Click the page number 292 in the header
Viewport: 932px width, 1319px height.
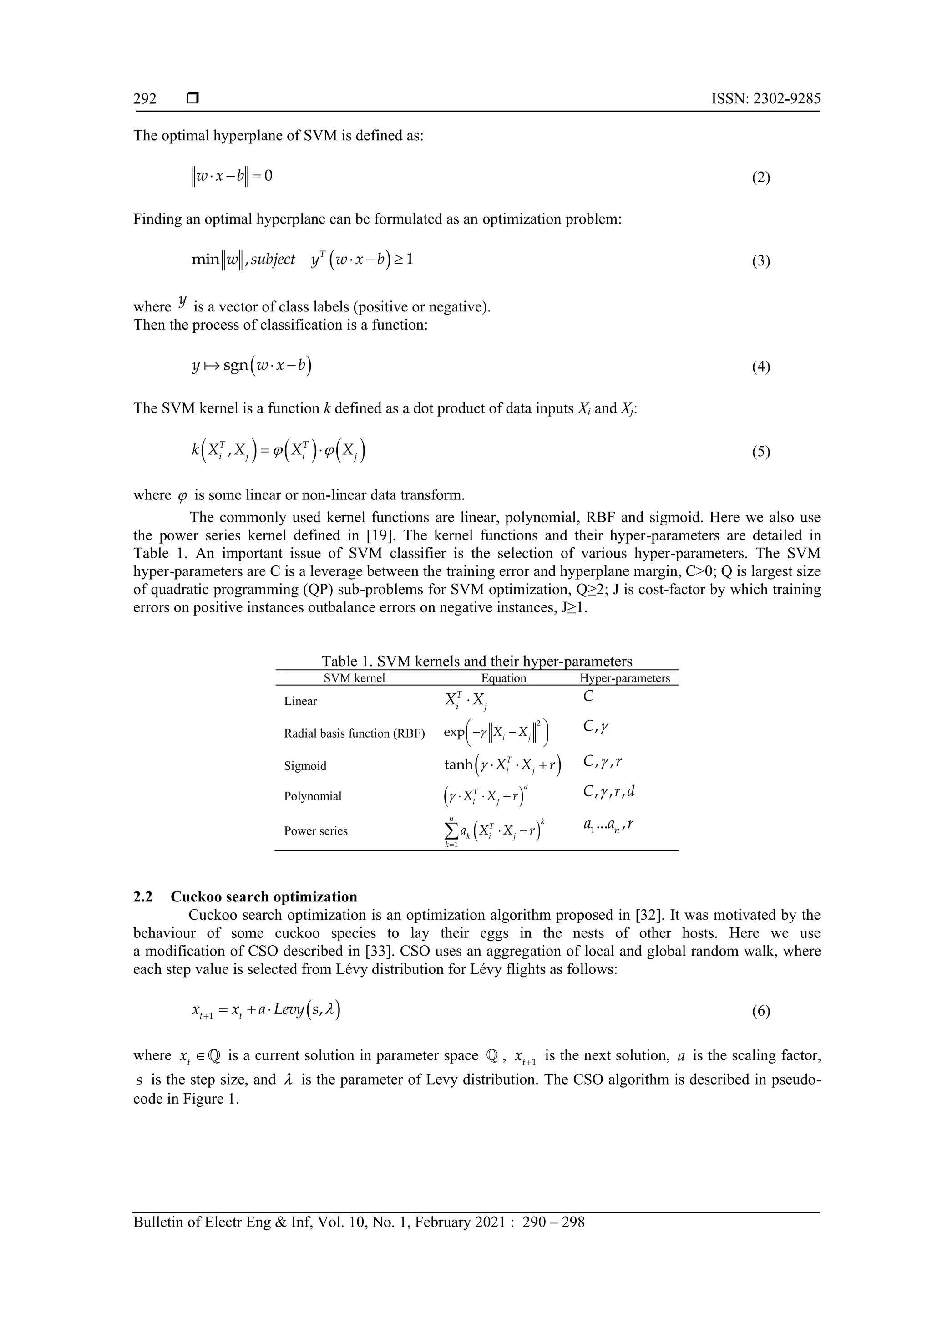[x=145, y=99]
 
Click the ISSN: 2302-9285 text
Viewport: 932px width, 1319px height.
[x=765, y=99]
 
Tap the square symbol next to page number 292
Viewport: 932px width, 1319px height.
[x=193, y=99]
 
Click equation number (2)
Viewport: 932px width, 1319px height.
[x=760, y=178]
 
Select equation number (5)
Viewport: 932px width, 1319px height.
[x=760, y=452]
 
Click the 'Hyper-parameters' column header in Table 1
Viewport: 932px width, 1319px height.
[x=625, y=678]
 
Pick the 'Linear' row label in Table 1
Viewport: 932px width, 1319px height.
[x=300, y=701]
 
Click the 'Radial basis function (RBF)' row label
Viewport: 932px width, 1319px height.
[x=355, y=733]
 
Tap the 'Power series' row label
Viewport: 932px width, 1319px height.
[x=315, y=831]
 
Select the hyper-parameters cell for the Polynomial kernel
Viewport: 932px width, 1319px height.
[x=609, y=792]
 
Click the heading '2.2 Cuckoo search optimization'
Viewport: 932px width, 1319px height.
[x=245, y=897]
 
